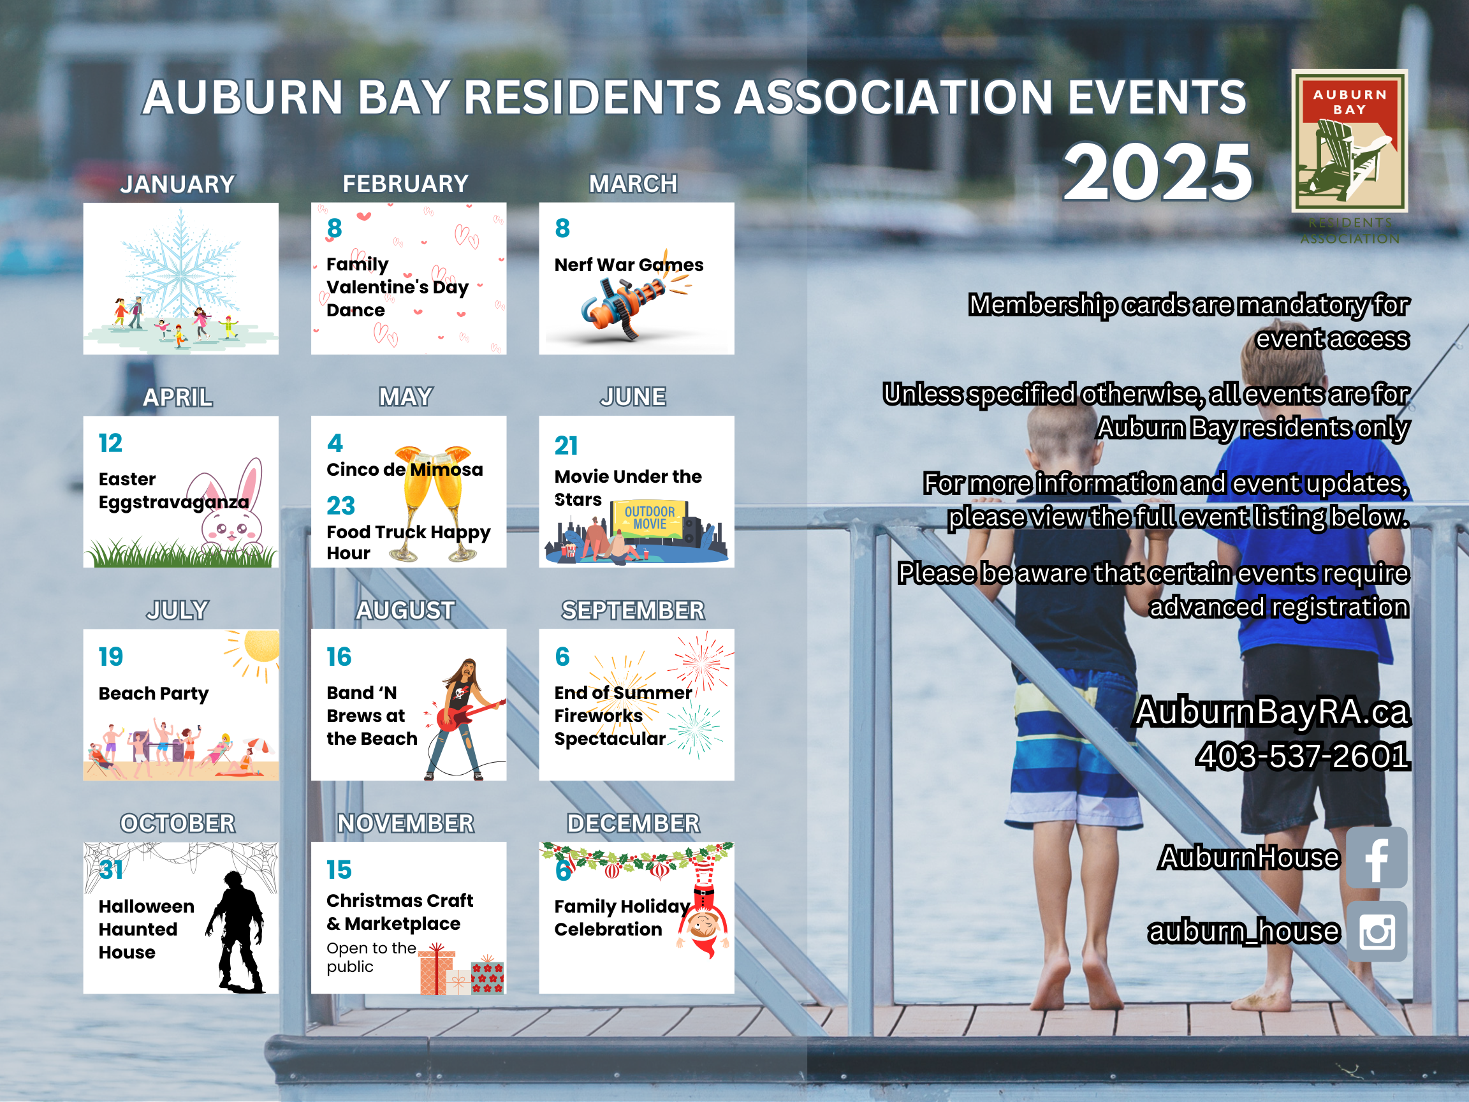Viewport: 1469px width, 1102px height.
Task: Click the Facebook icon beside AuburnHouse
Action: click(1376, 858)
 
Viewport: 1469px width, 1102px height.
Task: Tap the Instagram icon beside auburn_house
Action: click(1376, 931)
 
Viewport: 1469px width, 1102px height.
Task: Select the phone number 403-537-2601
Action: click(1303, 756)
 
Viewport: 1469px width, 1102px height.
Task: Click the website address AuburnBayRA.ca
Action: click(1271, 712)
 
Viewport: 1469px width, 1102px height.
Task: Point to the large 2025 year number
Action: click(1157, 172)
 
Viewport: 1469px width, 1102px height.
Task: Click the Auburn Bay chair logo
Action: click(1350, 141)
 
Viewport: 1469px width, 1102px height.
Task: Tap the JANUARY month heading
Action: click(177, 184)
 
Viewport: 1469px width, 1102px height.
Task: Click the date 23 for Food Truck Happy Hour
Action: click(340, 506)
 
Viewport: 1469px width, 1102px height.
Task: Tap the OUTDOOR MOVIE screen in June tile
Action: click(650, 518)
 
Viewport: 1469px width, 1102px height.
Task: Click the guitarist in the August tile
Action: click(464, 719)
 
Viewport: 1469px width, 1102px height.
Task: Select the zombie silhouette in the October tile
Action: click(237, 932)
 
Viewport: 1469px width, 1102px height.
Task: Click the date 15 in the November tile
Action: click(339, 869)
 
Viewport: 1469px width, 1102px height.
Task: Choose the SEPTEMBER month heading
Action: click(633, 610)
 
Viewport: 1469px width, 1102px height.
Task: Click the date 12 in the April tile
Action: click(110, 443)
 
